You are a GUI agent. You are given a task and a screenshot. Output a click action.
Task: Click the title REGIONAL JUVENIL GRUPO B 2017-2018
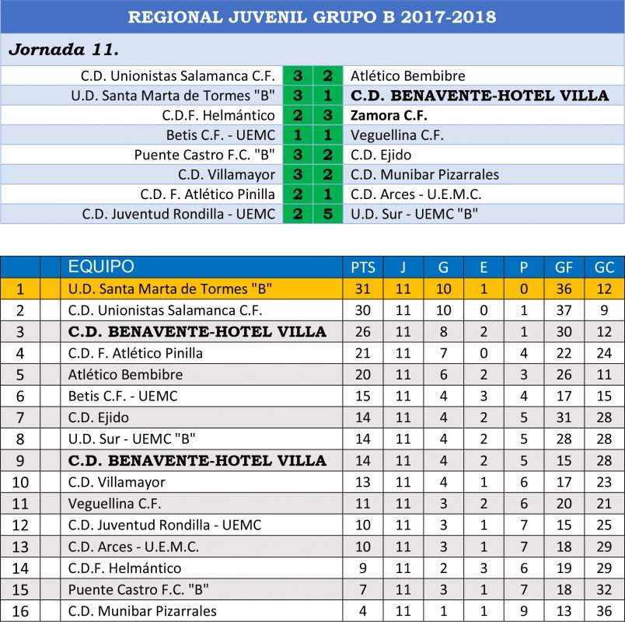[x=312, y=17]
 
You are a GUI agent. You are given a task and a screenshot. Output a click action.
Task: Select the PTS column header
[x=363, y=267]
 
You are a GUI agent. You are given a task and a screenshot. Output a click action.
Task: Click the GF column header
[x=564, y=267]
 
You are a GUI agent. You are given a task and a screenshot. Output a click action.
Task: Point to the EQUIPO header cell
[x=101, y=267]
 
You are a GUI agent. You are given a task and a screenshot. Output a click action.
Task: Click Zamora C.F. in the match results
[x=386, y=115]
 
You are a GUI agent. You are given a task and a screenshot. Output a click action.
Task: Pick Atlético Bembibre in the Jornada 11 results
[x=407, y=76]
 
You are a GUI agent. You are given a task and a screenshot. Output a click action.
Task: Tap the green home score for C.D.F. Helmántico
[x=298, y=115]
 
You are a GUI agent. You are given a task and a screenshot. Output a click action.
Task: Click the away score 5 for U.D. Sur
[x=327, y=214]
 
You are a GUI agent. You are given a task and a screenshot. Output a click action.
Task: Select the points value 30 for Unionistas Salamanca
[x=363, y=310]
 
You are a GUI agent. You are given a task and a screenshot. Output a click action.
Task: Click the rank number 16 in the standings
[x=20, y=611]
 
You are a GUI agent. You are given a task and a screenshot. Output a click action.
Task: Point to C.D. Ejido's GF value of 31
[x=564, y=418]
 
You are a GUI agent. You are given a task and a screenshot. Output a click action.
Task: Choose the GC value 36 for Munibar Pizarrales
[x=604, y=611]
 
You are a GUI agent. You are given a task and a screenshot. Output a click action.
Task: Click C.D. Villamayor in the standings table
[x=117, y=482]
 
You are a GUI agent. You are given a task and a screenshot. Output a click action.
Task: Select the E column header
[x=484, y=267]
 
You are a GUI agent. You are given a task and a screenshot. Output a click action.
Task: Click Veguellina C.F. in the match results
[x=396, y=135]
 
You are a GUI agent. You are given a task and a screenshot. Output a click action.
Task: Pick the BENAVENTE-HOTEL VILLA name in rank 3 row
[x=197, y=332]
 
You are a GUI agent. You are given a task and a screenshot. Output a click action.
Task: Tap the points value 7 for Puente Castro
[x=363, y=589]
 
